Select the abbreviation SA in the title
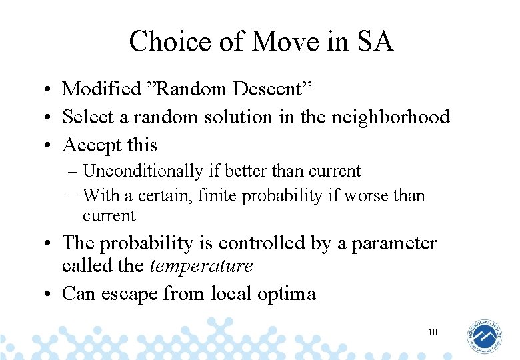[x=375, y=41]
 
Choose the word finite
[x=221, y=196]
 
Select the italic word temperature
[x=201, y=267]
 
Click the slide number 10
[x=433, y=332]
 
